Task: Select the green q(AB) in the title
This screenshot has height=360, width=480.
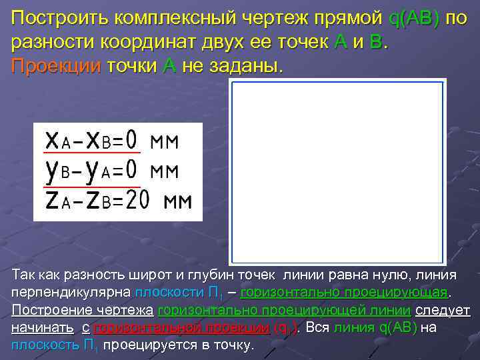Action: (413, 18)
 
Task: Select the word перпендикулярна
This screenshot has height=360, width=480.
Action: (71, 293)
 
